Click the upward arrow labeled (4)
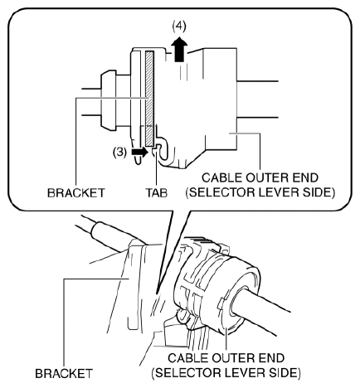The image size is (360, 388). [179, 50]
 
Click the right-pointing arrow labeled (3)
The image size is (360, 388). [140, 152]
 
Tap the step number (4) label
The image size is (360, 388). [179, 26]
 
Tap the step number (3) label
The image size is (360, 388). [119, 152]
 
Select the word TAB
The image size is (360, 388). [157, 192]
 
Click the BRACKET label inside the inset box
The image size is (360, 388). [76, 192]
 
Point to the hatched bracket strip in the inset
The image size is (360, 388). [149, 99]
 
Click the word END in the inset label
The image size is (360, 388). [306, 177]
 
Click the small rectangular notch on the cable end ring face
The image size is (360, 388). [221, 303]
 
